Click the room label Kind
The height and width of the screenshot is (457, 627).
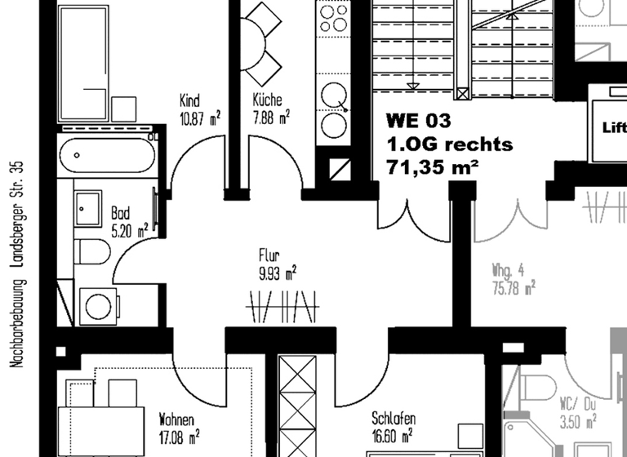(x=189, y=101)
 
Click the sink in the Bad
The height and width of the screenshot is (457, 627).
(x=87, y=210)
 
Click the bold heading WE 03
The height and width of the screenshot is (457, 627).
(x=418, y=122)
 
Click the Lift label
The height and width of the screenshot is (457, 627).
(x=613, y=127)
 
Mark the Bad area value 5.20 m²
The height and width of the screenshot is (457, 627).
(x=129, y=229)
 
